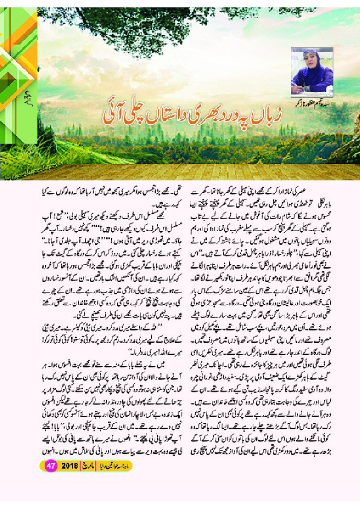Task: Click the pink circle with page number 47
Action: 51,466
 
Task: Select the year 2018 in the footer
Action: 70,466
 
